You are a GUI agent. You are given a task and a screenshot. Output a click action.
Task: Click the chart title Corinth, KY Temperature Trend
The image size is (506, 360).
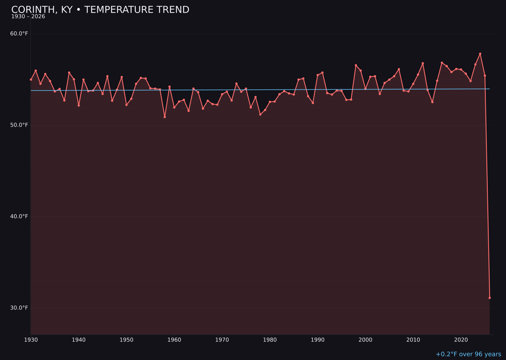pos(100,10)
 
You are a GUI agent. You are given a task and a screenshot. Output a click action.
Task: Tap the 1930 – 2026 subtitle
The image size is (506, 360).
pos(28,17)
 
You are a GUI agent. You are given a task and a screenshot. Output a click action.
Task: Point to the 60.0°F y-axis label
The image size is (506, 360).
pos(19,34)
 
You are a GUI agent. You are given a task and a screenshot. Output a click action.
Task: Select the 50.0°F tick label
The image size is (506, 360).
pos(19,125)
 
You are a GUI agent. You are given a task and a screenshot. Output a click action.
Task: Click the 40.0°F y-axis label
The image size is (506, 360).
pos(19,217)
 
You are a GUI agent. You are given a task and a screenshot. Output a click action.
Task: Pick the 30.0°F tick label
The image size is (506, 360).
pos(19,308)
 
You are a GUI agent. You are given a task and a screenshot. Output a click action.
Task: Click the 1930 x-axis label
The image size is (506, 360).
pos(31,340)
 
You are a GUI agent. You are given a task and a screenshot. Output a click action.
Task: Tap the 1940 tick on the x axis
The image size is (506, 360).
pos(79,340)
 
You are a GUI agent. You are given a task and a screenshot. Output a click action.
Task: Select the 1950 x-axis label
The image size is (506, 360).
pos(126,340)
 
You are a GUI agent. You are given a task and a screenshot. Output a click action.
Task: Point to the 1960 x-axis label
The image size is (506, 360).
pos(174,340)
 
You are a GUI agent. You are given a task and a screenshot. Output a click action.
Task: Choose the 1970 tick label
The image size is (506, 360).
pos(222,340)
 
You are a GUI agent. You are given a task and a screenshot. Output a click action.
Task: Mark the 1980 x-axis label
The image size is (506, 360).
pos(270,340)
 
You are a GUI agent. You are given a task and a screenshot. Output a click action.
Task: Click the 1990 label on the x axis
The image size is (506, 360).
pos(318,340)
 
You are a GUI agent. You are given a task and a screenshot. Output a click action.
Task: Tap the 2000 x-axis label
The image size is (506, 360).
pos(365,340)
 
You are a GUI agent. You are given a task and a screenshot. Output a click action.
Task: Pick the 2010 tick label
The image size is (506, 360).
pos(413,340)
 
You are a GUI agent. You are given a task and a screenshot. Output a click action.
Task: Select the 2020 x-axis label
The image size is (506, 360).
pos(461,340)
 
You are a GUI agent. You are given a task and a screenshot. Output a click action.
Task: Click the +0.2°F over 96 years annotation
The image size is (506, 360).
pos(468,354)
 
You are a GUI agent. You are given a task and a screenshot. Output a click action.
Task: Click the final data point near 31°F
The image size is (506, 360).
pos(490,298)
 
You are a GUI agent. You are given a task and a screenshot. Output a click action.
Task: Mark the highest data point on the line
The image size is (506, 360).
pos(480,54)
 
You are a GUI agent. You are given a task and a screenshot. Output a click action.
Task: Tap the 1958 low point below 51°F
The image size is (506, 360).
pos(164,117)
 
